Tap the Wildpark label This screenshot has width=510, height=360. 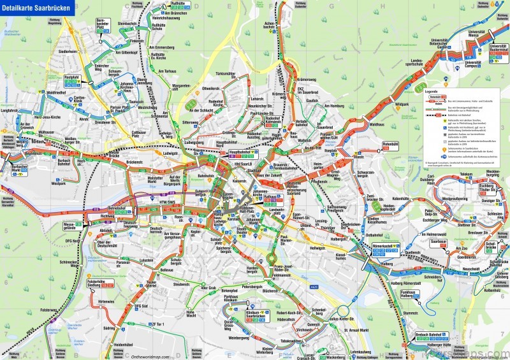[402, 103]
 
